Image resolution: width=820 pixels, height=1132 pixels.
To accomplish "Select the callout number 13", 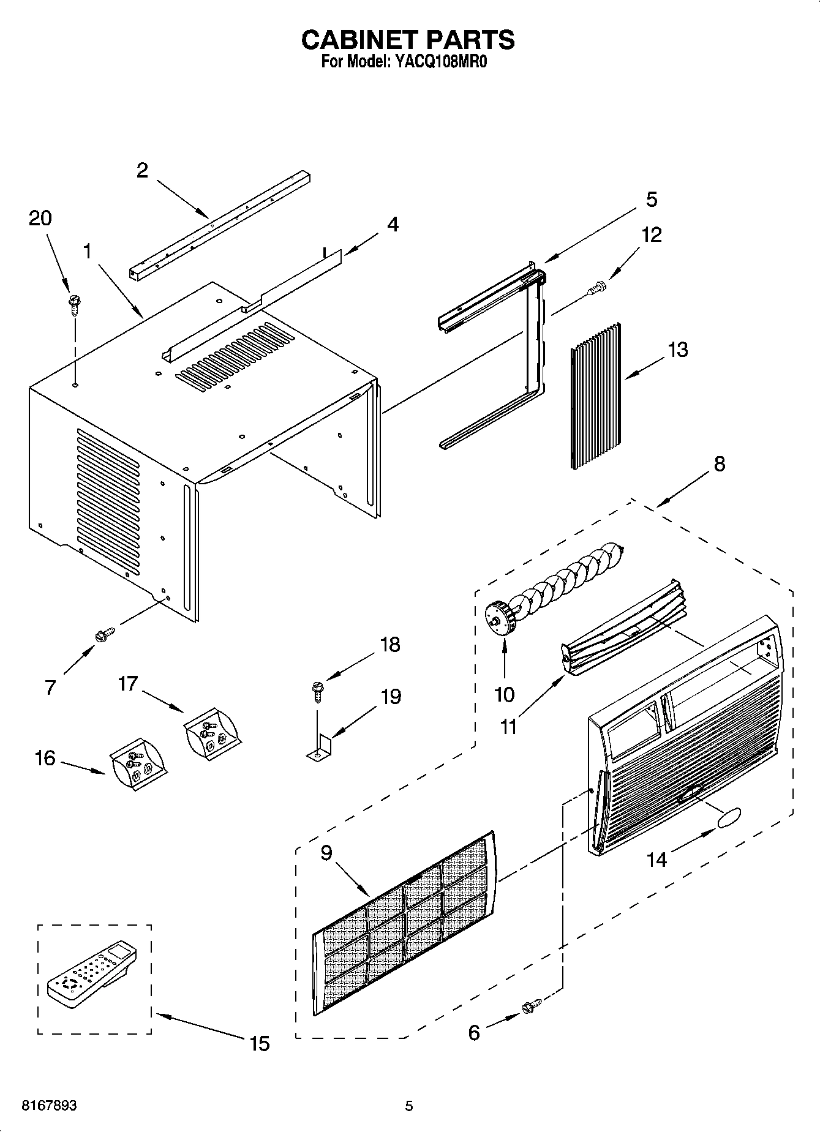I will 677,350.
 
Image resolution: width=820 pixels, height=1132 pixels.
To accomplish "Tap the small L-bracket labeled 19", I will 319,750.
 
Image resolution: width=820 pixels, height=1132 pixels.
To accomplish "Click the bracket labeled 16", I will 137,765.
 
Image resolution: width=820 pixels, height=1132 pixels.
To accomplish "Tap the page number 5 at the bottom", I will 409,1106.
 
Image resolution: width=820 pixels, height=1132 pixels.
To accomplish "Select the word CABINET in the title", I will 357,40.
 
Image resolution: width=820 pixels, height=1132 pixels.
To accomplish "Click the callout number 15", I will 260,1043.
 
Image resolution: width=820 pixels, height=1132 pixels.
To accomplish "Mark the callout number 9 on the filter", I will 326,853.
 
